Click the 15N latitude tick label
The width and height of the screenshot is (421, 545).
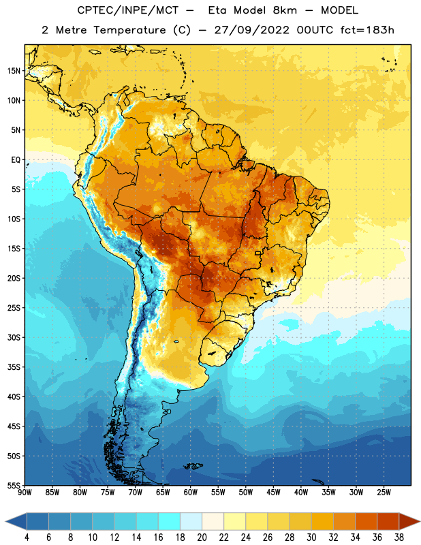click(x=14, y=71)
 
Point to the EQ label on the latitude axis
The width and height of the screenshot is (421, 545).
click(x=16, y=160)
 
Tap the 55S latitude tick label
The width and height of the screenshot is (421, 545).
click(x=14, y=486)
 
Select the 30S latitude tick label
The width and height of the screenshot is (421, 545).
click(x=14, y=337)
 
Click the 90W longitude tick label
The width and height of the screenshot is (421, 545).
click(x=25, y=493)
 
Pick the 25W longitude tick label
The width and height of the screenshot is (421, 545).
click(x=384, y=493)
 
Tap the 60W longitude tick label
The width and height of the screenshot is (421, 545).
click(x=191, y=493)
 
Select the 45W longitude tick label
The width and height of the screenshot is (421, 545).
click(x=273, y=493)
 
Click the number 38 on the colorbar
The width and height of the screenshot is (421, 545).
click(x=399, y=538)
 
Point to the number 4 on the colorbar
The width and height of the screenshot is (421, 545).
click(x=27, y=538)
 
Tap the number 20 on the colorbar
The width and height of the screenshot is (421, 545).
click(x=202, y=538)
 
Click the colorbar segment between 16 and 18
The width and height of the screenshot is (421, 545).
click(x=170, y=522)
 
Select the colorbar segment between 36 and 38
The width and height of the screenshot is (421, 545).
click(x=388, y=522)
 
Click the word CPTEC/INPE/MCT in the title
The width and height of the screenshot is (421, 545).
click(x=127, y=10)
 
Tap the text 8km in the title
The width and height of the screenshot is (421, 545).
click(x=285, y=10)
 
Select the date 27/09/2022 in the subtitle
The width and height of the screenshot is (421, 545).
click(x=251, y=30)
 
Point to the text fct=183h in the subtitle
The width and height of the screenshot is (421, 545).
click(x=367, y=30)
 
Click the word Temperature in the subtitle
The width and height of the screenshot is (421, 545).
click(x=129, y=31)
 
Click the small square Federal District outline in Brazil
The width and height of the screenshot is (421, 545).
click(x=258, y=253)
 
